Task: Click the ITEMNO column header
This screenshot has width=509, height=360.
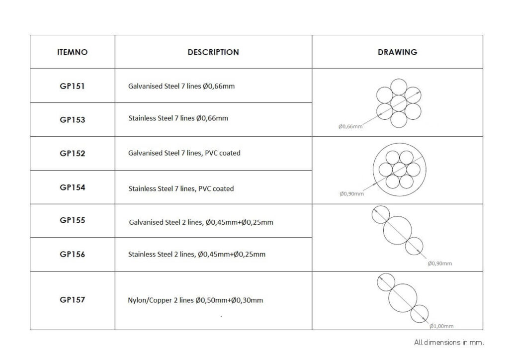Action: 73,52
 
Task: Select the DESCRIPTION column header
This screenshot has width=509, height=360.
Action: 213,52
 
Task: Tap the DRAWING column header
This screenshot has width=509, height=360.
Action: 397,52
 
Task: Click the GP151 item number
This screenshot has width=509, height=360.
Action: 72,87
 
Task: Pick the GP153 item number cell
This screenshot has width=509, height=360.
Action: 73,120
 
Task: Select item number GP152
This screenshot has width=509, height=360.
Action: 73,154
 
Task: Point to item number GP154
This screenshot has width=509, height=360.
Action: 73,187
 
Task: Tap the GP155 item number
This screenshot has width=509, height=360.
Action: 73,220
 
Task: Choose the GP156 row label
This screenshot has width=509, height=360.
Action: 73,255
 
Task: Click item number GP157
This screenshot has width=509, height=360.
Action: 73,300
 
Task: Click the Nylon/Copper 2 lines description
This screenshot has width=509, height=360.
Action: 195,300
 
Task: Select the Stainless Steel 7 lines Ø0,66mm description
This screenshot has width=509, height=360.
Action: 178,118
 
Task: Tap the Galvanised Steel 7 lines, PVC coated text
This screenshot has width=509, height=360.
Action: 184,153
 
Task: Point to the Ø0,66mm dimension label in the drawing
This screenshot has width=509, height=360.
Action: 350,127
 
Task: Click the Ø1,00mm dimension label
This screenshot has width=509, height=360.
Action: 441,326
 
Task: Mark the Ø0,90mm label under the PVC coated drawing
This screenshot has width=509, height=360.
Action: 351,194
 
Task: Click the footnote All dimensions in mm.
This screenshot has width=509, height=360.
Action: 449,343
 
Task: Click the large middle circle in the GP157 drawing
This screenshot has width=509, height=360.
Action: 389,298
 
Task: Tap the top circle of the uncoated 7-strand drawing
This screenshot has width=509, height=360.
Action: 399,79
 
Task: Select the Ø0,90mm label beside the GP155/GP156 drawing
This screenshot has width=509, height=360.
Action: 440,263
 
